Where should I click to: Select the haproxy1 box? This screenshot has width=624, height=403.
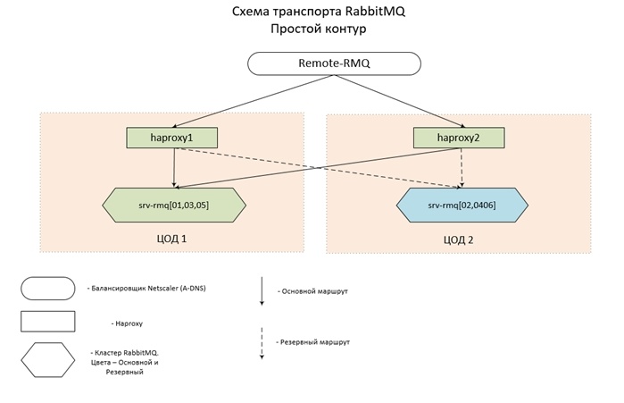click(172, 138)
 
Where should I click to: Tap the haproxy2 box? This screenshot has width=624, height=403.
click(460, 138)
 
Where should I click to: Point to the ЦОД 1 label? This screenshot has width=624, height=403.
click(171, 239)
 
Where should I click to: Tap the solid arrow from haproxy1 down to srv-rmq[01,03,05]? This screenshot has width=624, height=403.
click(173, 167)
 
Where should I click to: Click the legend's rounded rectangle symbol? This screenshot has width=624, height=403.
click(47, 288)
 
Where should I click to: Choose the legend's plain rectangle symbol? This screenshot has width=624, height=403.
click(47, 322)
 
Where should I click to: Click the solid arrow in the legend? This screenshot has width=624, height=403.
click(261, 291)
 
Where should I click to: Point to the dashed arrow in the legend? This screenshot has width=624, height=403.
click(261, 342)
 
